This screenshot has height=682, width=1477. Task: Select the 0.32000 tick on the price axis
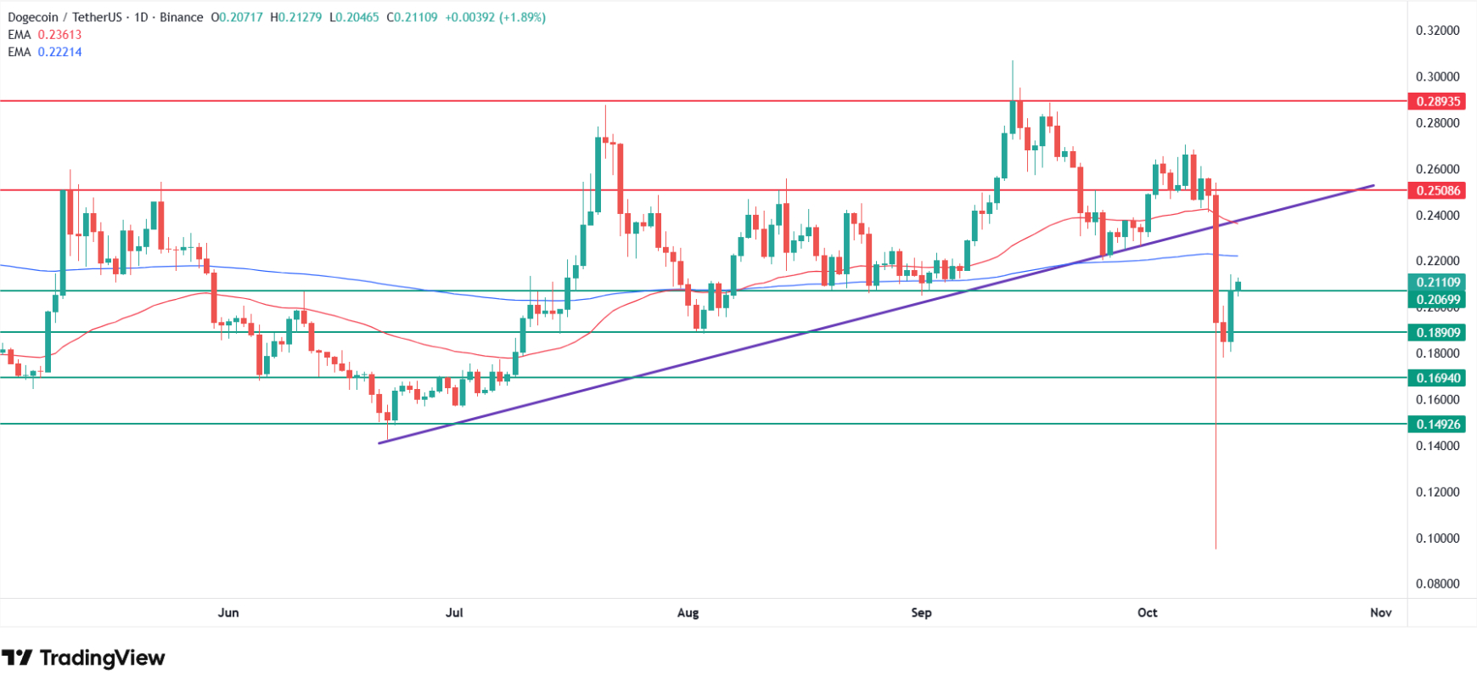click(1437, 31)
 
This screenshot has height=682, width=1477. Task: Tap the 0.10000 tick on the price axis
click(1437, 538)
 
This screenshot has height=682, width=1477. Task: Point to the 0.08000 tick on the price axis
click(1437, 583)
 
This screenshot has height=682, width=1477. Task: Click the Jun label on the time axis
click(228, 612)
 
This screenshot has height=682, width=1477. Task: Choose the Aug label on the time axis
click(688, 612)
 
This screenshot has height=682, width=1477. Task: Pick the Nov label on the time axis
click(1381, 612)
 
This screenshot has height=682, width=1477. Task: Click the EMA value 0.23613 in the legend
click(59, 35)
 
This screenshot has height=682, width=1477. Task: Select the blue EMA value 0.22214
click(59, 52)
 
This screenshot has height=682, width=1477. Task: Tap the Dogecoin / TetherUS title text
click(66, 17)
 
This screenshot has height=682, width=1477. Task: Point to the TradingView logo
click(83, 657)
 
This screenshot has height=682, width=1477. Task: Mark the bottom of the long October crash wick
click(1216, 548)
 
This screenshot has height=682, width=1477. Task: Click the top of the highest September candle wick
click(1013, 61)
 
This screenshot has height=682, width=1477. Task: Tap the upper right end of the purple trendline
click(1373, 185)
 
